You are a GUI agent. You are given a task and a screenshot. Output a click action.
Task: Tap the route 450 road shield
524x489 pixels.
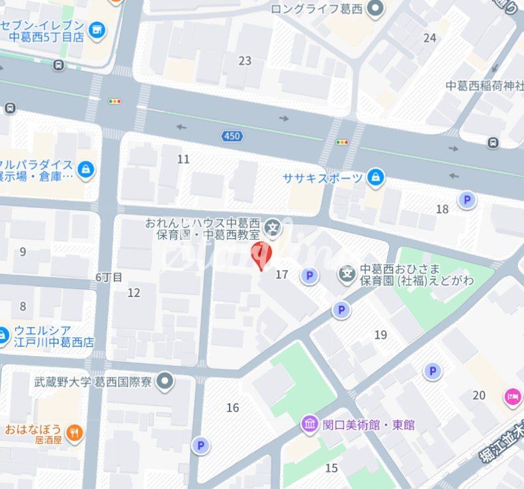(231, 136)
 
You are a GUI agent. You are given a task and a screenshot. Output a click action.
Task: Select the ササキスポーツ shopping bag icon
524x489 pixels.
(375, 177)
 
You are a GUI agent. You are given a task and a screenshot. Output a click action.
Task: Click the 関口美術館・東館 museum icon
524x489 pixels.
(310, 424)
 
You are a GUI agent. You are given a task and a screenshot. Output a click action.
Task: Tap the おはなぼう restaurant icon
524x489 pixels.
(75, 433)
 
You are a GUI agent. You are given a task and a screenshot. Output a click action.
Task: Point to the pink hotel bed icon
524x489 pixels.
(512, 396)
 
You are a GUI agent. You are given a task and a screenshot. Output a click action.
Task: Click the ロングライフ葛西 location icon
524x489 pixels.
(375, 9)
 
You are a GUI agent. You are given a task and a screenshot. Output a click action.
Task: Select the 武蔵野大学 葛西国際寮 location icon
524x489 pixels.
(165, 381)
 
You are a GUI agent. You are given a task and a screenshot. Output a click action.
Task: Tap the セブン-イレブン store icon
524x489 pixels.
(97, 29)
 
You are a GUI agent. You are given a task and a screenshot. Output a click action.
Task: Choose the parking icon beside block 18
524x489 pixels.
(468, 200)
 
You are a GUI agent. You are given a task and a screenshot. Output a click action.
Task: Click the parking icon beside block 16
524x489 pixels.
(200, 446)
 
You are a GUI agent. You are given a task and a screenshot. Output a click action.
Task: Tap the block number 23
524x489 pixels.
(245, 61)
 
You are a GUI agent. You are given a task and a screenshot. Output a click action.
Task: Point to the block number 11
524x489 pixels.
(183, 159)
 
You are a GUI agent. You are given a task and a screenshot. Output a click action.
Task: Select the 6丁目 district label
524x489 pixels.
(109, 277)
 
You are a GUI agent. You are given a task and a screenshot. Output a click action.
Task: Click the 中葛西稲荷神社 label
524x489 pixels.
(484, 85)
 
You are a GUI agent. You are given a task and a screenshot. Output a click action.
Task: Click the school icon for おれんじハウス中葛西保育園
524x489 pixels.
(271, 230)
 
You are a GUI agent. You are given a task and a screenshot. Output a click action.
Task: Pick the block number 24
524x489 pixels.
(429, 38)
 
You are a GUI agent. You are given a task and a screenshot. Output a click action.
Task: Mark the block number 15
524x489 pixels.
(331, 468)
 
